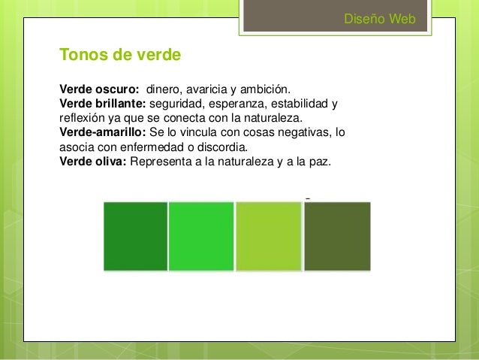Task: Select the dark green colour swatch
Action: [x=135, y=236]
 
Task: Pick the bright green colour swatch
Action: [x=201, y=236]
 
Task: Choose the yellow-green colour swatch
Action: [x=268, y=236]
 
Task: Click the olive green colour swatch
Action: [x=337, y=236]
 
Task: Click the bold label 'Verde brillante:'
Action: [x=103, y=104]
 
